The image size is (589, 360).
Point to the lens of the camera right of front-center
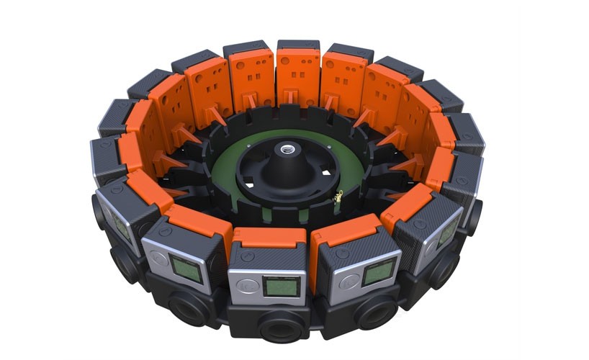coord(375,311)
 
